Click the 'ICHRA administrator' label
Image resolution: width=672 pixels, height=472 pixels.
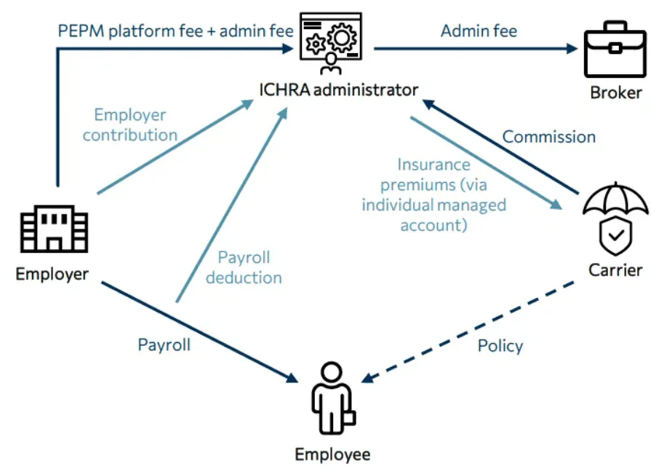tap(339, 90)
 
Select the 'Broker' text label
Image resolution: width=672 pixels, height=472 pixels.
tap(615, 93)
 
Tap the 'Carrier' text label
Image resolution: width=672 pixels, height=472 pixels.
tap(615, 270)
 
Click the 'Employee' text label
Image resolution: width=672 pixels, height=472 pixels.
tap(332, 455)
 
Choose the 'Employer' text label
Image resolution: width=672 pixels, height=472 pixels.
tap(52, 275)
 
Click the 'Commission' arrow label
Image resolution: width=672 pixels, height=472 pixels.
tap(548, 137)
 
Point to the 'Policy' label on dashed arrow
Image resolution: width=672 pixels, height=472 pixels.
tap(500, 345)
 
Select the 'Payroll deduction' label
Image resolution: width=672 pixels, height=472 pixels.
tap(244, 267)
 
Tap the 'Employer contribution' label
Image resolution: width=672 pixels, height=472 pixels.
tap(130, 125)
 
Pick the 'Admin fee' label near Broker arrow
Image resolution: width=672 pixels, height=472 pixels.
tap(479, 31)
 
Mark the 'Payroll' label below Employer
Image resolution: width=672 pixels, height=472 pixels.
tap(164, 345)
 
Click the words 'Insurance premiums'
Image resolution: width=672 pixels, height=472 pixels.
tap(433, 174)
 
